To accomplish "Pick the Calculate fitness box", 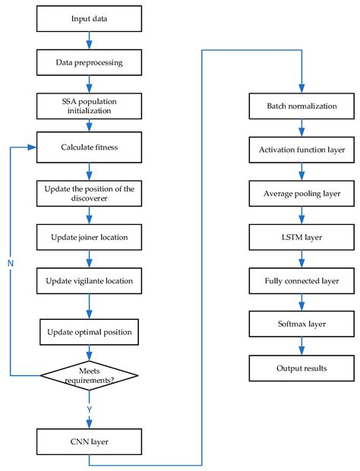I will point(90,147).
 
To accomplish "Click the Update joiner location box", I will point(90,238).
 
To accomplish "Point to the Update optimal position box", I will point(90,331).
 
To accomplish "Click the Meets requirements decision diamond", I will point(90,374).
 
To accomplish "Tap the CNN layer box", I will point(90,439).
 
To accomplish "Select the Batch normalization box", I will point(302,106).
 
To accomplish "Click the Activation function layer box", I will point(302,150).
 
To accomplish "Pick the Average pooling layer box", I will point(302,194).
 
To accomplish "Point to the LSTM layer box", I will point(302,238).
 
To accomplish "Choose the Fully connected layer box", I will point(302,281).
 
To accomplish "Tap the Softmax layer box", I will point(302,324).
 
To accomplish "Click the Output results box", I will point(302,368).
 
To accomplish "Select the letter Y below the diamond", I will point(90,409).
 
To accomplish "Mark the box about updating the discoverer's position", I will point(90,193).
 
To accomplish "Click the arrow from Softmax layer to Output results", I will point(302,346).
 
